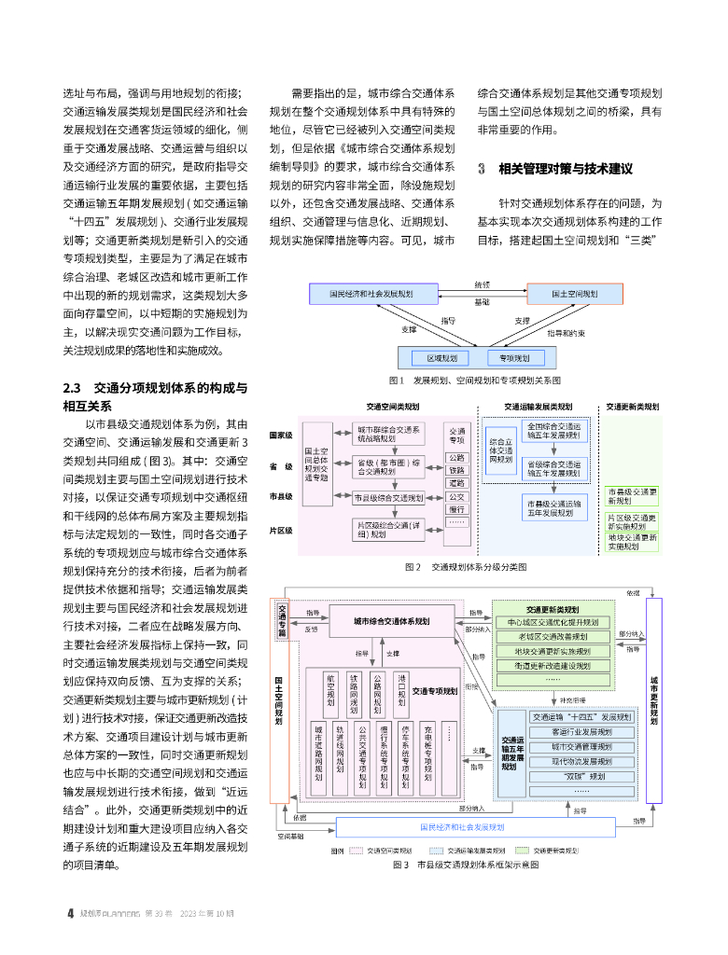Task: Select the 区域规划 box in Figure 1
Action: tap(441, 357)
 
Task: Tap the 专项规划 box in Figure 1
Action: tap(514, 357)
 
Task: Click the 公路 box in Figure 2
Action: tap(456, 458)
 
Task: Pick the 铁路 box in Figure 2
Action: tap(456, 471)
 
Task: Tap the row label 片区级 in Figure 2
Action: tap(281, 530)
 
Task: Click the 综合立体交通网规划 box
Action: tap(501, 449)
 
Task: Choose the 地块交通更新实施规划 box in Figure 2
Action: tap(633, 541)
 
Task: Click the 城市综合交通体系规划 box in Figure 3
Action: tap(391, 620)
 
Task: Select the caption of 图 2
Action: tap(466, 566)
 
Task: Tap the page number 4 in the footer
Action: tap(70, 913)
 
